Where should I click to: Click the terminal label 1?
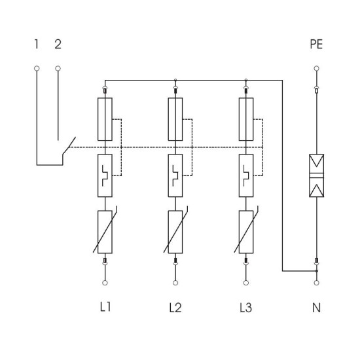[x=36, y=44]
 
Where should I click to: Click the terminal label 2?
[x=58, y=44]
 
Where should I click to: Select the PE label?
[x=316, y=44]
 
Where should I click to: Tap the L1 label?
[x=105, y=307]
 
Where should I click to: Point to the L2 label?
[x=175, y=308]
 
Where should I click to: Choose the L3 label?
[x=246, y=308]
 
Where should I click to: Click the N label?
[x=316, y=308]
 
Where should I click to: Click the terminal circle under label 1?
[x=37, y=69]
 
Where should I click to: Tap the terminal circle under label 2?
[x=58, y=69]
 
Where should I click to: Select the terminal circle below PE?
[x=316, y=69]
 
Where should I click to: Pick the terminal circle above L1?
[x=105, y=283]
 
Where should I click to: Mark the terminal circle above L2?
[x=175, y=283]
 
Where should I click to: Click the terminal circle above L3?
[x=246, y=283]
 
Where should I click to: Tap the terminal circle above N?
[x=316, y=283]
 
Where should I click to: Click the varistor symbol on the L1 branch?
[x=105, y=232]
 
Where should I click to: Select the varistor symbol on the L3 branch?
[x=246, y=232]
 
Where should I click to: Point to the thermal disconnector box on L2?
[x=175, y=175]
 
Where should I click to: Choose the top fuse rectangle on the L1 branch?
[x=105, y=119]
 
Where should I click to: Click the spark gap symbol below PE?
[x=316, y=175]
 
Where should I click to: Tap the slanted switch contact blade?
[x=69, y=146]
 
